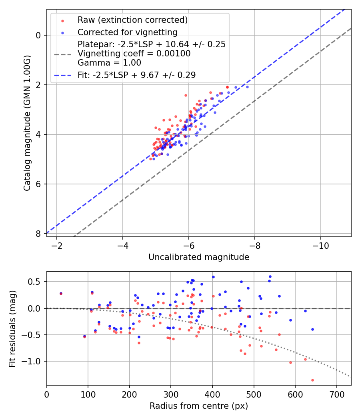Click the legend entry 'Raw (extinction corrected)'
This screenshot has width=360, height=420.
(132, 20)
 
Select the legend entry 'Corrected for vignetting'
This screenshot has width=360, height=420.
(127, 32)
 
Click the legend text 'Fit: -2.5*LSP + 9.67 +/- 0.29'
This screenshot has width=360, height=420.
(136, 75)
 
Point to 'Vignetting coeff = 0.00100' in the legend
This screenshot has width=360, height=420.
(134, 54)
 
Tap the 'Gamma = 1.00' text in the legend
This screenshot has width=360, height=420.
(109, 63)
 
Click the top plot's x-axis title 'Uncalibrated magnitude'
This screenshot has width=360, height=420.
(199, 257)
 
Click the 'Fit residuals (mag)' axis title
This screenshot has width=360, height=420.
(12, 328)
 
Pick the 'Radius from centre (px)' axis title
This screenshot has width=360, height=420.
(199, 406)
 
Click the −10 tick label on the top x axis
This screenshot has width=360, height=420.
(321, 245)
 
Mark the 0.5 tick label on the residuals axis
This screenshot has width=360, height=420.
(35, 282)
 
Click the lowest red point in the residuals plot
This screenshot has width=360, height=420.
(312, 380)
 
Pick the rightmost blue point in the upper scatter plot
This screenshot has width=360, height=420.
(247, 87)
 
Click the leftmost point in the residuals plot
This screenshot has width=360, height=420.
(61, 293)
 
